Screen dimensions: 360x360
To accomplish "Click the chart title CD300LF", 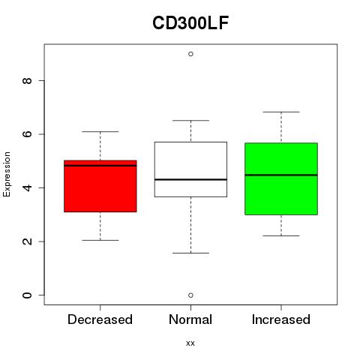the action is click(190, 23).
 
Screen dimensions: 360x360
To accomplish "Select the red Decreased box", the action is click(100, 186).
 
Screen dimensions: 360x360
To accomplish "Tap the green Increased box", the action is click(281, 178).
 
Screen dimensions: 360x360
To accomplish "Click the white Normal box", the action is click(190, 169).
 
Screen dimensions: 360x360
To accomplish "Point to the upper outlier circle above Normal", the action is click(190, 54).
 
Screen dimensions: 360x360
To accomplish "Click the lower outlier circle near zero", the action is click(190, 295).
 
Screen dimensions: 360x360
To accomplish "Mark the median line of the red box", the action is click(100, 166).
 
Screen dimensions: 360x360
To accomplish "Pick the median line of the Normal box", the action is click(190, 179).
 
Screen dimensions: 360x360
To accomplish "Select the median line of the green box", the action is click(281, 175).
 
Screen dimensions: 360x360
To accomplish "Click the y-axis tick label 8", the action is click(27, 80).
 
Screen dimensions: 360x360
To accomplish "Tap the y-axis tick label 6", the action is click(27, 134).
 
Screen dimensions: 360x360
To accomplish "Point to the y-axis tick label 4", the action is click(27, 187).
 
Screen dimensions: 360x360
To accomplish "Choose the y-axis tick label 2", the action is click(27, 241).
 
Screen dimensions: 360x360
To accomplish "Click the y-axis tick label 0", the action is click(27, 295).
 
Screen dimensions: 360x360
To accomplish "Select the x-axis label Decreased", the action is click(100, 319).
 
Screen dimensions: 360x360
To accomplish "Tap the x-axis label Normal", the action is click(190, 319).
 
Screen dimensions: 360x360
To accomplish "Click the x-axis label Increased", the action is click(281, 319).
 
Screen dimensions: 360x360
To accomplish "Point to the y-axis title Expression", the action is click(7, 174).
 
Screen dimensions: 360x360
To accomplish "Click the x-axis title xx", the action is click(190, 343).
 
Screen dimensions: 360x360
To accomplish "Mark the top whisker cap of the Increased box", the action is click(281, 112).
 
